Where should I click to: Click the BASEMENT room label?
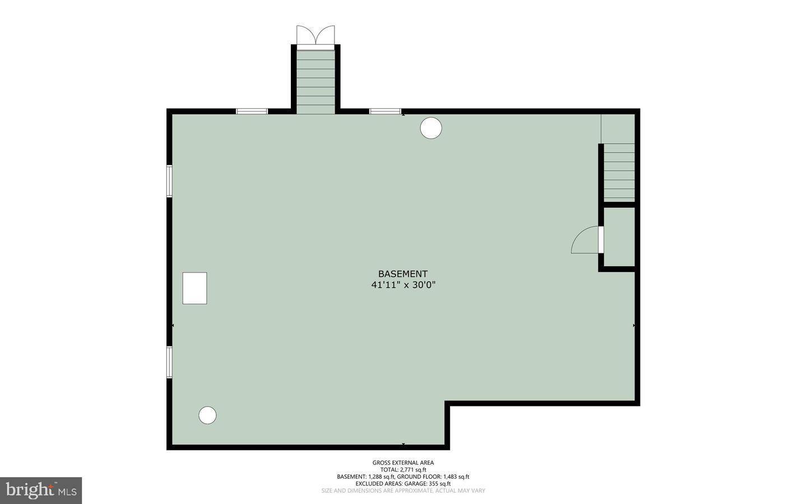pos(403,274)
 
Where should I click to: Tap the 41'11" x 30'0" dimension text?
pos(403,285)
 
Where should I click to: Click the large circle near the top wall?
pos(431,128)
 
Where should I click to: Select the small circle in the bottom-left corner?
pos(207,415)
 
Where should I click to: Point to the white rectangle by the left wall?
pos(194,288)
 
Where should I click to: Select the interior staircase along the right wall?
pos(619,172)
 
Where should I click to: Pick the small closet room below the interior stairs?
pos(619,237)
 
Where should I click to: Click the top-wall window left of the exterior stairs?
pos(252,112)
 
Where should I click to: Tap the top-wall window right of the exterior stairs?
pos(385,112)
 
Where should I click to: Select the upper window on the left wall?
pos(169,181)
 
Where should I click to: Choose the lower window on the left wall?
pos(169,362)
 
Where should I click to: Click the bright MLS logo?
pos(41,491)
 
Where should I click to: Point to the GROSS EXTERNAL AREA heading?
pos(403,463)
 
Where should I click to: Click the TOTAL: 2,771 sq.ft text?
pos(403,470)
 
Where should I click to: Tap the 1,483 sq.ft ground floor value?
pos(456,477)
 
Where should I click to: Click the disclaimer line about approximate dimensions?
pos(403,491)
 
